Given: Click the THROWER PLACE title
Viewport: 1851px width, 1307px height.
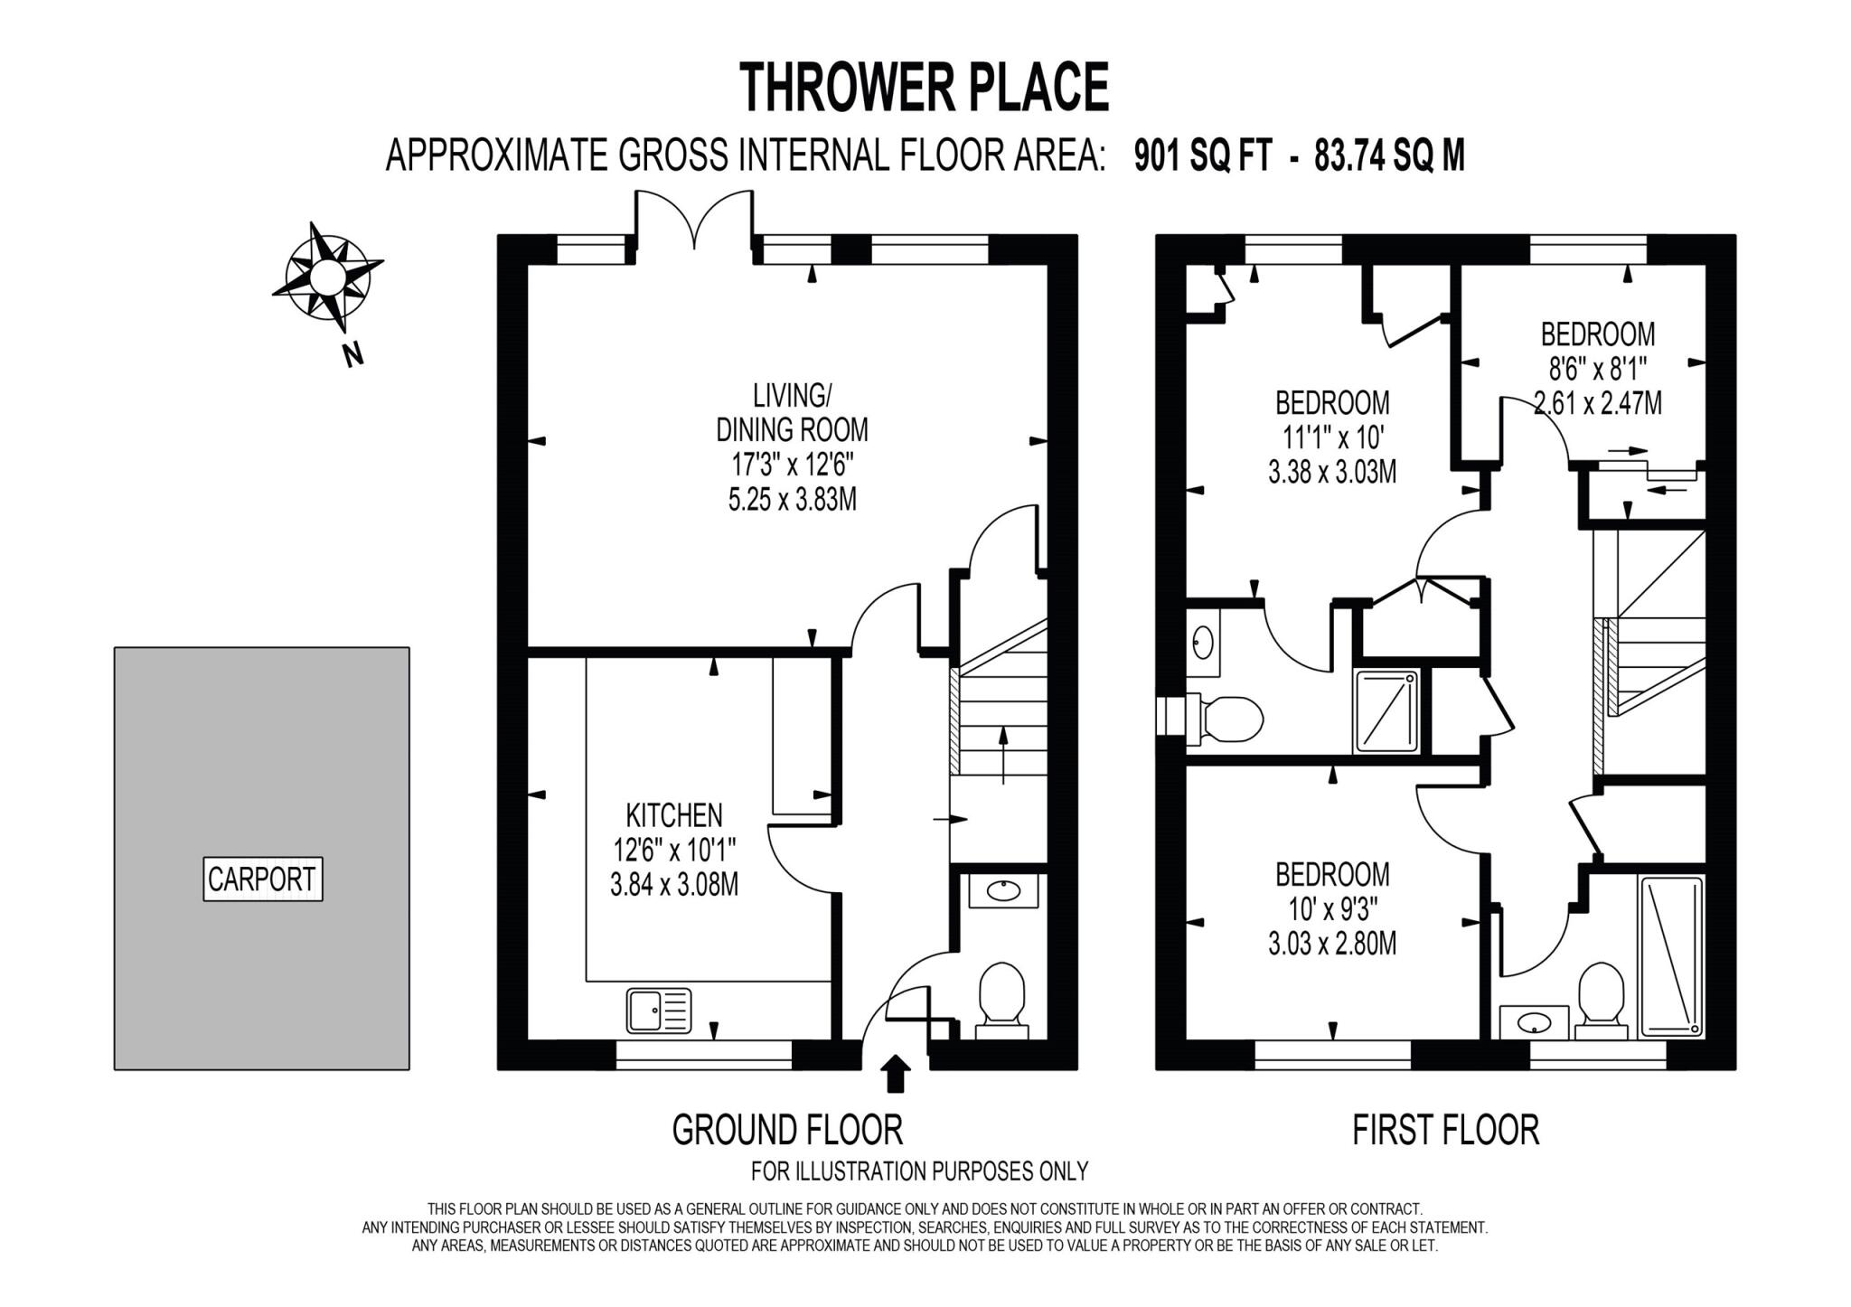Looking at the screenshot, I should (924, 87).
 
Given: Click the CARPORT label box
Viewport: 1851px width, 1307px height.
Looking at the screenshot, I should (262, 879).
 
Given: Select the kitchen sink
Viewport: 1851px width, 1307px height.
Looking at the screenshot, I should (659, 1011).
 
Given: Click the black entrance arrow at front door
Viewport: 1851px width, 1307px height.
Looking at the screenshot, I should (896, 1075).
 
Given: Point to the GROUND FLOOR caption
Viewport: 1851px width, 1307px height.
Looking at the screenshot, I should (787, 1130).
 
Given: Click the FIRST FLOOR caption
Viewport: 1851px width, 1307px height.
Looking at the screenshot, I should (1445, 1130).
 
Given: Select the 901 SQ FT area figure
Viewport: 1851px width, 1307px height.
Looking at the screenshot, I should (1202, 156).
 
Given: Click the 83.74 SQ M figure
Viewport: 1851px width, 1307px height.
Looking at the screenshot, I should (1389, 156).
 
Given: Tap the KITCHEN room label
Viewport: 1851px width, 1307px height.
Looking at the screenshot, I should (674, 815).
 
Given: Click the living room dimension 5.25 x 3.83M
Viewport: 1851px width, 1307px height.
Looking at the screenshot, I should (792, 500).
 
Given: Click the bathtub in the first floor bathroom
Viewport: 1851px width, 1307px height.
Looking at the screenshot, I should (1671, 955).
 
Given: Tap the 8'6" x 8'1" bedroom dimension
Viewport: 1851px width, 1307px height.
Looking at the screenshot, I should (1597, 369).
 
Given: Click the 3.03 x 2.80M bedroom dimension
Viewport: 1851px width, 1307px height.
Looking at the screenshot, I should (1332, 945).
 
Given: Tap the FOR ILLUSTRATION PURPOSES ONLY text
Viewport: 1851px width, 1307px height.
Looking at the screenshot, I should (919, 1171).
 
